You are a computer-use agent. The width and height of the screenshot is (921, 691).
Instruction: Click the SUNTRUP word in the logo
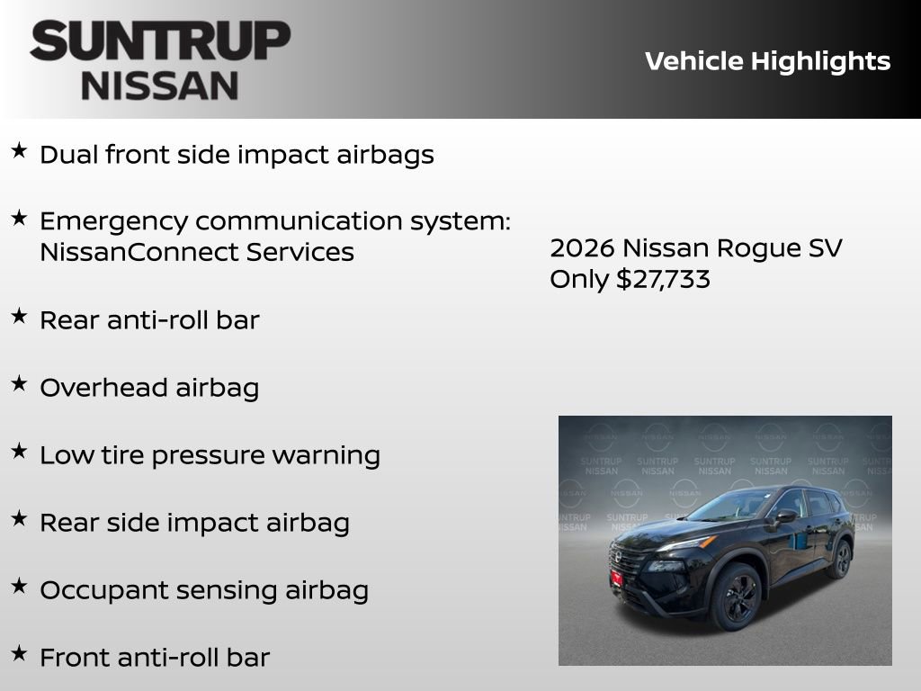point(160,41)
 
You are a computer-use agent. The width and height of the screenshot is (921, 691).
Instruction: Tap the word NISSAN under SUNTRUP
point(160,85)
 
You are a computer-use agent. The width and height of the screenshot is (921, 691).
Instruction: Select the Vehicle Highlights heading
point(767,61)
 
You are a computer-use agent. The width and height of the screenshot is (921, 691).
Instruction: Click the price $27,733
point(663,279)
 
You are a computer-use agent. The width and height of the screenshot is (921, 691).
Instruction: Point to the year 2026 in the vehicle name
point(582,248)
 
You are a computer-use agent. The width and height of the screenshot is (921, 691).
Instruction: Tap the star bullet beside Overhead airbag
point(19,384)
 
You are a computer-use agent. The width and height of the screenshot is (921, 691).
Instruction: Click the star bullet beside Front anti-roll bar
point(19,654)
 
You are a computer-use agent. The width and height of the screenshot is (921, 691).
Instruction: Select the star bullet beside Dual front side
point(19,151)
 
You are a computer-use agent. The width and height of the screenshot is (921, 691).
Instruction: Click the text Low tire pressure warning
point(210,455)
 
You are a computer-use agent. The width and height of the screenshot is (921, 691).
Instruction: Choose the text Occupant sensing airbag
point(204,590)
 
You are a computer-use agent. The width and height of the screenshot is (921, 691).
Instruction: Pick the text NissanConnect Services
point(197,252)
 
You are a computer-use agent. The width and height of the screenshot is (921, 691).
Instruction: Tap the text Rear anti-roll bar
point(149,320)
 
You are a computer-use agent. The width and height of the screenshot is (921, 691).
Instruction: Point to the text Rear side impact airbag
point(194,523)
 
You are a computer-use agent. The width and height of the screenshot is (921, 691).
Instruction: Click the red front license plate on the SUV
point(617,576)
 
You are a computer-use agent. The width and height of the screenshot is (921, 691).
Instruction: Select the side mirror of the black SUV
point(785,516)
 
